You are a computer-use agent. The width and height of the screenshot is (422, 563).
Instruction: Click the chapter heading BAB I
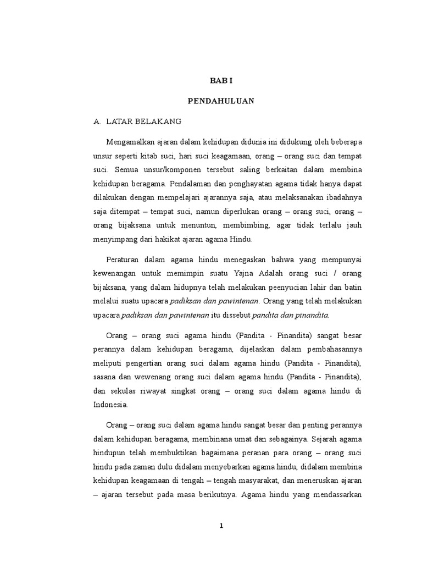[x=221, y=81]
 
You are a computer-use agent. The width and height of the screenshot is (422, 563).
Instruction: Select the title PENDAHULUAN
[x=221, y=101]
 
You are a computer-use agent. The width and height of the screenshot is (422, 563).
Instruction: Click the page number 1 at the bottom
[x=221, y=526]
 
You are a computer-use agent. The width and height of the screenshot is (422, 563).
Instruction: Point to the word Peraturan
[x=123, y=260]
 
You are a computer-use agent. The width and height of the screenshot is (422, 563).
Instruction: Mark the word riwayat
[x=175, y=391]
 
